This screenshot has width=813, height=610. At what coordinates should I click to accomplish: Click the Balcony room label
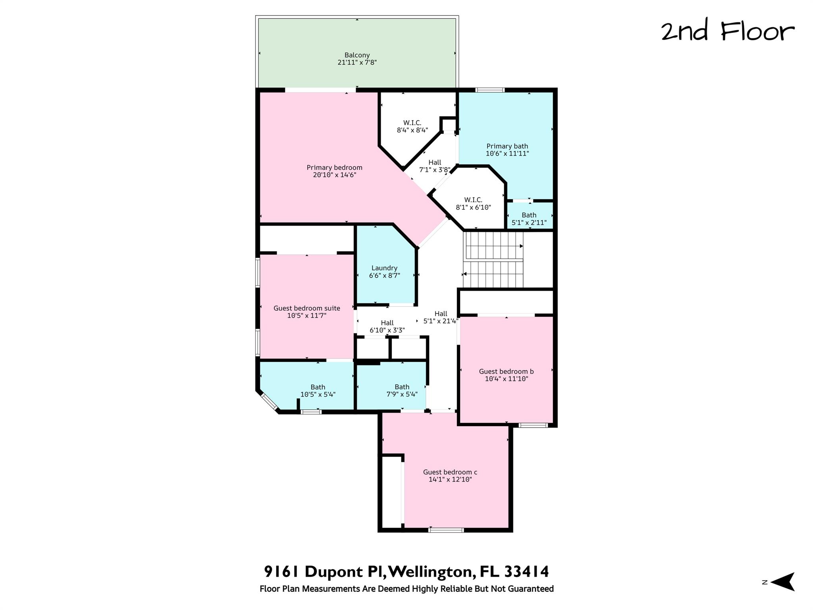coord(357,55)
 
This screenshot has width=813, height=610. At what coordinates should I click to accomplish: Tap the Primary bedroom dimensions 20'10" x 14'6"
coord(334,175)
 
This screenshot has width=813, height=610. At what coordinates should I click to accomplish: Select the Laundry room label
coord(384,268)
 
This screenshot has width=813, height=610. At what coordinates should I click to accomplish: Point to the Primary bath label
coord(507,146)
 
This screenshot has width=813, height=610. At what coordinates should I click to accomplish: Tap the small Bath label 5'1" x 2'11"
coord(529,219)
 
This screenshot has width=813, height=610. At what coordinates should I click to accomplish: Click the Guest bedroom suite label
coord(307,308)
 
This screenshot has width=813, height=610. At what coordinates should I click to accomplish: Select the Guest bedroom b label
coord(506,372)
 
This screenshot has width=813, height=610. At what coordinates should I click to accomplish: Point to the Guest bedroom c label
coord(450,472)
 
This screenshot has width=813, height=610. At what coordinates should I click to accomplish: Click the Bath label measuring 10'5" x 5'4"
coord(318,391)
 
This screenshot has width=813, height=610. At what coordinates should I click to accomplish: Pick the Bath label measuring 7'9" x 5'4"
coord(402,391)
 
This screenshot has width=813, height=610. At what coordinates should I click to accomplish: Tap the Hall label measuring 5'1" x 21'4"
coord(441,317)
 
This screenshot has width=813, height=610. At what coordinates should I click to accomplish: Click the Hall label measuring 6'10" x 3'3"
coord(387,326)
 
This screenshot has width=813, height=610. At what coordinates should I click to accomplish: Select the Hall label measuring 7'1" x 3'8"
coord(435,166)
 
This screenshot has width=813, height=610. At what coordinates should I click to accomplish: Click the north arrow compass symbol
coord(782,582)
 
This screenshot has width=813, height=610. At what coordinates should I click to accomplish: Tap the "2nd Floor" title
coord(728,32)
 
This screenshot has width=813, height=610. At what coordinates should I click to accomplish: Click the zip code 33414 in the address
coord(527,572)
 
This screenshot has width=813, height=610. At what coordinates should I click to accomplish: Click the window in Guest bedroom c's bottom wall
coord(446,530)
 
